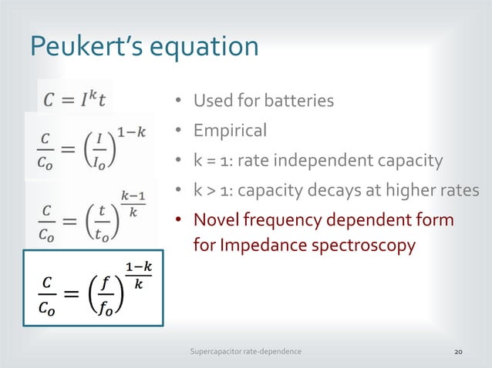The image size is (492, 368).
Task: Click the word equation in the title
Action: click(202, 48)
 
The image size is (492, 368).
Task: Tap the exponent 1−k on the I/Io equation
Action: click(126, 132)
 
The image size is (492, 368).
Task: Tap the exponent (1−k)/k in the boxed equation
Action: click(139, 274)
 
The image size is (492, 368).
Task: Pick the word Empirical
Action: click(230, 130)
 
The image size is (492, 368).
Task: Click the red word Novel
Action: click(216, 221)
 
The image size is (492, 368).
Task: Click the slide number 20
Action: click(458, 351)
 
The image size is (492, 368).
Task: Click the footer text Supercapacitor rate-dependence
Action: click(246, 351)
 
